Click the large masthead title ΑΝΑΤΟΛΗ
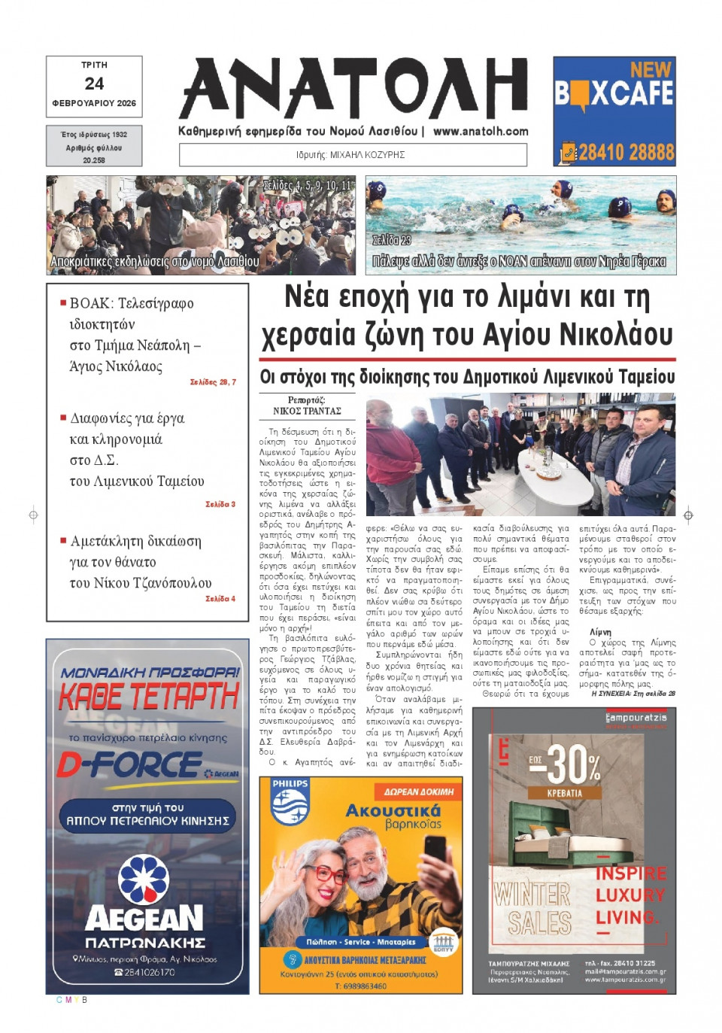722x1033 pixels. (353, 89)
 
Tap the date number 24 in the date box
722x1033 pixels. (94, 84)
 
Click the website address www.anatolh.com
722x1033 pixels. (481, 131)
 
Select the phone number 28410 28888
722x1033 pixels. (626, 152)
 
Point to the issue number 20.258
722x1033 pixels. (94, 160)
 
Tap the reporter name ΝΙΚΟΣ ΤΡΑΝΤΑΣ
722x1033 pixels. (307, 411)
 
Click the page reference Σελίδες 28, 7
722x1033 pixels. (213, 382)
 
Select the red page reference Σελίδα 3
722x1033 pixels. (220, 504)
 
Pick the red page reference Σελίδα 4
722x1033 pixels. (220, 599)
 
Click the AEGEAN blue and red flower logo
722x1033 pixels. (144, 878)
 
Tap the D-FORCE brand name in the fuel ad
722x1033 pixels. (129, 766)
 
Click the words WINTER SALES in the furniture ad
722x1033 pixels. (532, 908)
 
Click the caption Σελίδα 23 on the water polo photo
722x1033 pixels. (392, 240)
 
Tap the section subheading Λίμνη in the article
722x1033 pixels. (600, 632)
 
